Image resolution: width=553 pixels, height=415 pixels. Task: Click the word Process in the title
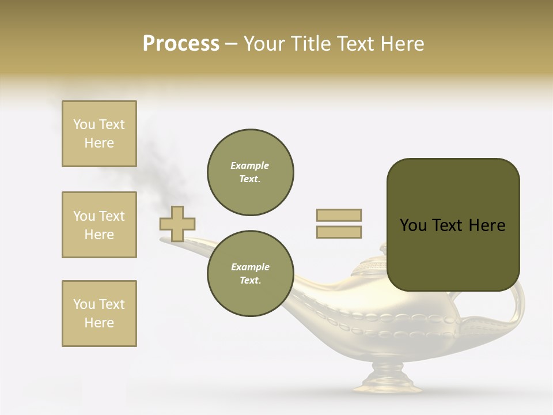coord(181,44)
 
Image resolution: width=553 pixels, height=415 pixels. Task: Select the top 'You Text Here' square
coord(99,134)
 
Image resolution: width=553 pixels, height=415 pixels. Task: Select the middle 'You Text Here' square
coord(99,225)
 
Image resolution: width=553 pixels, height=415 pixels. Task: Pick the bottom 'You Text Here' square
coord(99,314)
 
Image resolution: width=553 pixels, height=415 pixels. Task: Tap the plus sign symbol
coord(177,224)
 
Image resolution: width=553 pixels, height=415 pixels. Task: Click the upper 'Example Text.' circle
coord(250,172)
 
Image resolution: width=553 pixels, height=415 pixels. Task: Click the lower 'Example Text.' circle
coord(250,274)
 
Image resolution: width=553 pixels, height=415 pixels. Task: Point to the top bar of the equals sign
coord(339,216)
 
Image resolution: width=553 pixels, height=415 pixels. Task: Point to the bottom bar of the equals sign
coord(339,232)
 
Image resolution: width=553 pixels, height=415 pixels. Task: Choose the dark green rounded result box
coord(453,225)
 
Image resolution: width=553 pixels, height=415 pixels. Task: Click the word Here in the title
coord(402,44)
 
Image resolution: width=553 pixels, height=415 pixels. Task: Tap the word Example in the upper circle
coord(250,166)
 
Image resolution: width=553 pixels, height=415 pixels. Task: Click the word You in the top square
coord(84,124)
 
